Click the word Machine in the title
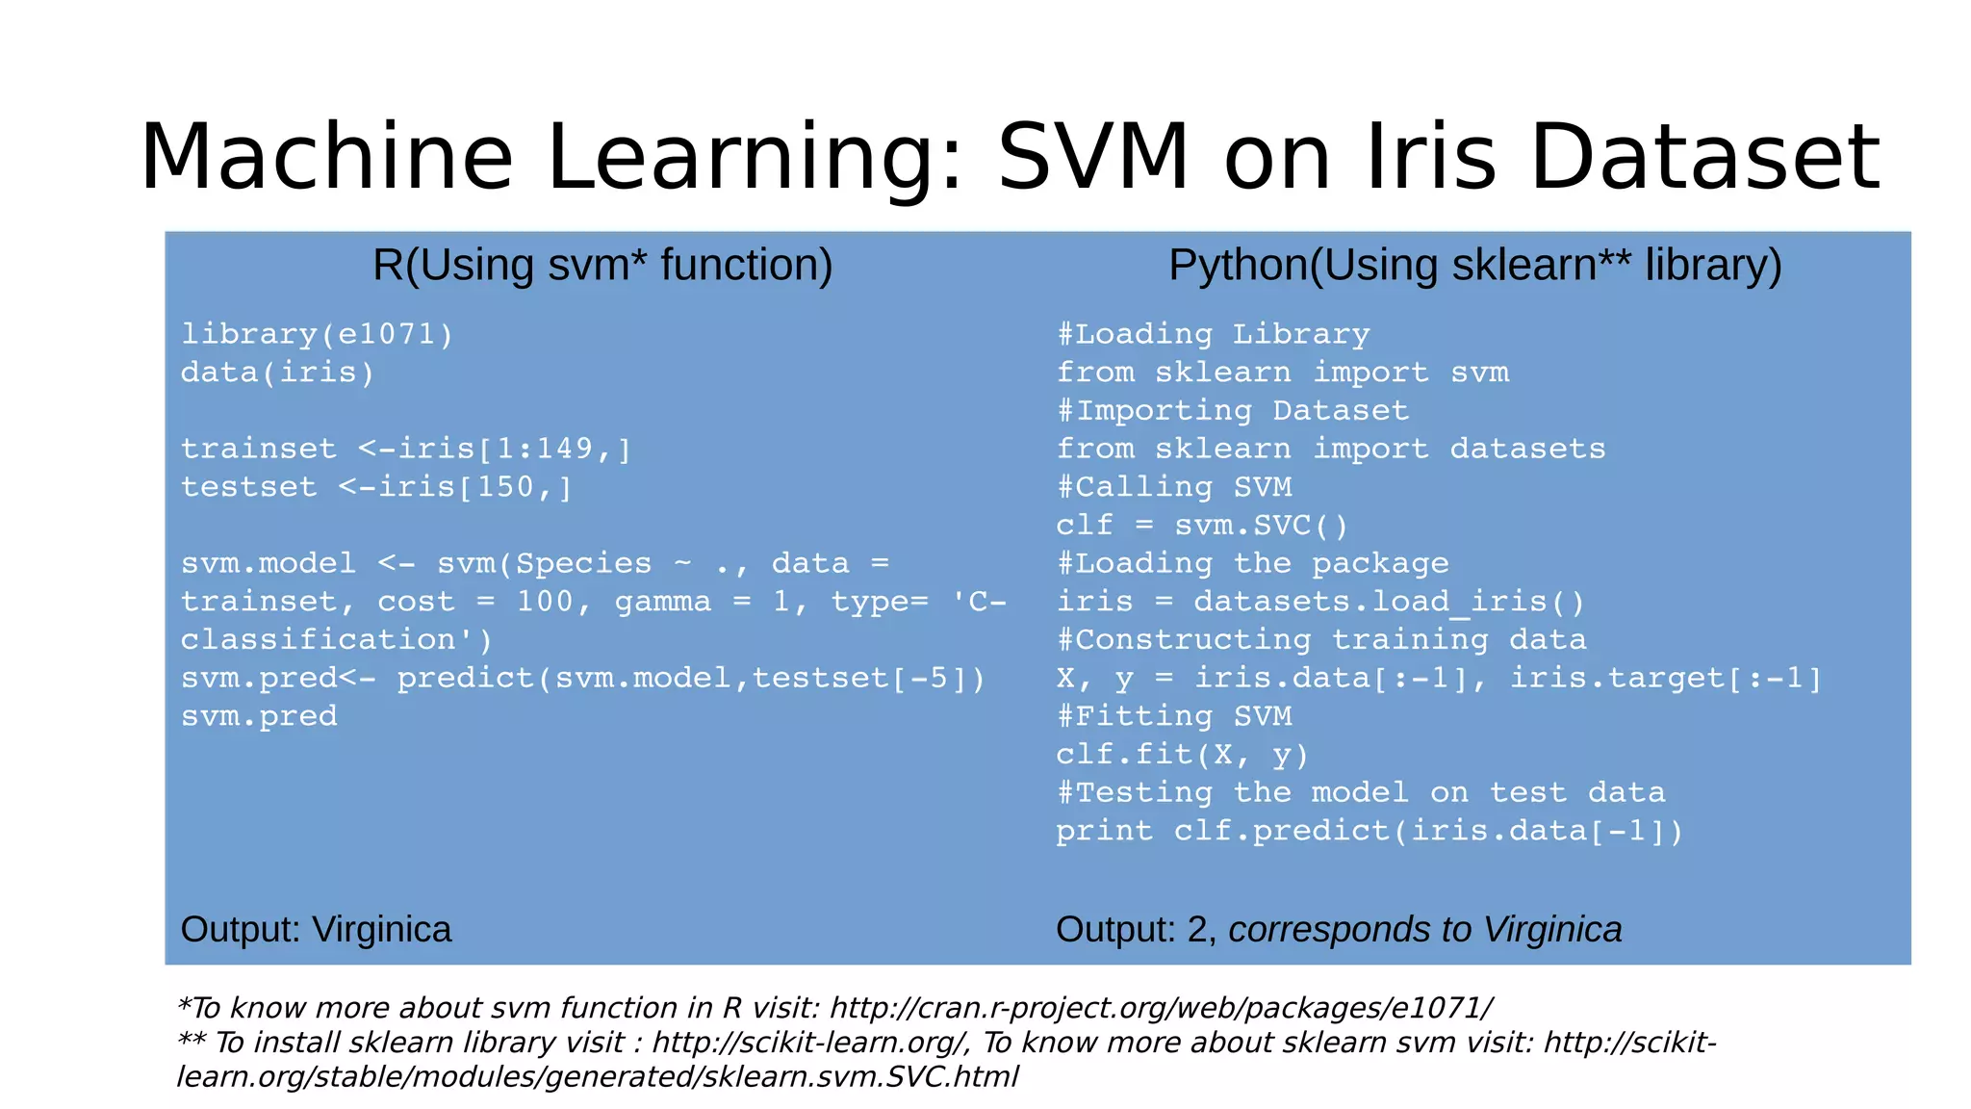(326, 157)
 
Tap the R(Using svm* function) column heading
(602, 265)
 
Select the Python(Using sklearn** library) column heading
(1474, 265)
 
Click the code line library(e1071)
(317, 334)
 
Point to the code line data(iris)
(277, 373)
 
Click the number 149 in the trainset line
(564, 449)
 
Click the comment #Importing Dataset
(1232, 411)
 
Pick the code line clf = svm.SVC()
(1202, 526)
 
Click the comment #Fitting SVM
(1173, 716)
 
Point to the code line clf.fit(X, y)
(1182, 755)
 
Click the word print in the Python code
(1104, 831)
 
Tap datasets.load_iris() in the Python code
(1389, 602)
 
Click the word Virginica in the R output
(382, 930)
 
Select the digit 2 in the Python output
(1197, 930)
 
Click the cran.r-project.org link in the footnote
(1161, 1008)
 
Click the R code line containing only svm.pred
(259, 716)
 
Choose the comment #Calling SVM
(1173, 487)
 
